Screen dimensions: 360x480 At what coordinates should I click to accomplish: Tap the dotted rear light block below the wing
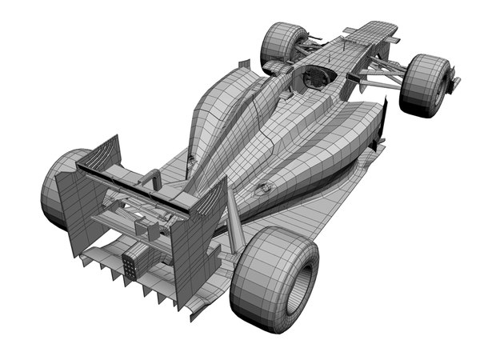tap(132, 264)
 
